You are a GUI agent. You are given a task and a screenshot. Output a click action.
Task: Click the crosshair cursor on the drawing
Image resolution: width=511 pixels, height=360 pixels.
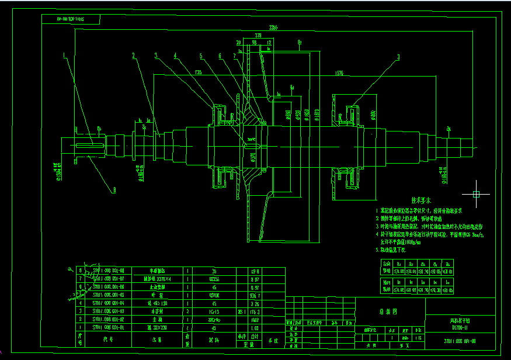(x=477, y=193)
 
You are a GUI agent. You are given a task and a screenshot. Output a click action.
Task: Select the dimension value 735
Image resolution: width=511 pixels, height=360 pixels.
(x=199, y=72)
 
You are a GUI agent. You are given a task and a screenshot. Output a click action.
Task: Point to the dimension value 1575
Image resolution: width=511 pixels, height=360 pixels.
(x=339, y=72)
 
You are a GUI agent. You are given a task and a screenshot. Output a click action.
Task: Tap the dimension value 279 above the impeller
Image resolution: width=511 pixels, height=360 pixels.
(x=258, y=35)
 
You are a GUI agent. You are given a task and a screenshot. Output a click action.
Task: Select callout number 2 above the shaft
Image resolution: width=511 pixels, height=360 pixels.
(x=133, y=56)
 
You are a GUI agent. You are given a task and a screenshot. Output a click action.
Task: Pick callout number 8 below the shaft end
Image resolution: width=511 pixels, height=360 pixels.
(x=114, y=189)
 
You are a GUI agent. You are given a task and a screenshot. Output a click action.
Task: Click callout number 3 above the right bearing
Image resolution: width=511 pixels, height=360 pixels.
(x=398, y=57)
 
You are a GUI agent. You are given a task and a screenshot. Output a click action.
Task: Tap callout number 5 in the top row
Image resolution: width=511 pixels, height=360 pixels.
(x=200, y=56)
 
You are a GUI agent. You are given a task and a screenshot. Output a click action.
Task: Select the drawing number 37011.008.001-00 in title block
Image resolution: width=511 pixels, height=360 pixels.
(x=461, y=340)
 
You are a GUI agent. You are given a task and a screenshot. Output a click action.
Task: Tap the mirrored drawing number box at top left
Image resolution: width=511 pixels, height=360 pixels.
(x=71, y=19)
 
